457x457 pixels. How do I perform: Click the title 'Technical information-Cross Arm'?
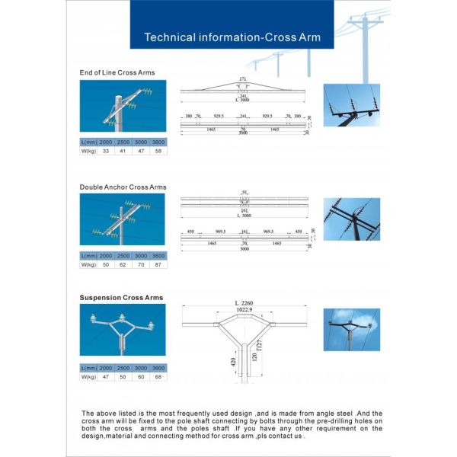(232, 37)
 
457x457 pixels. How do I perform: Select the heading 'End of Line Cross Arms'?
(117, 72)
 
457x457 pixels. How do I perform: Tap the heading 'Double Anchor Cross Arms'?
(123, 187)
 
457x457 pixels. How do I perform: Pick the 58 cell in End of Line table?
(158, 152)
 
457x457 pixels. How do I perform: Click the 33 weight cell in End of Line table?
(106, 152)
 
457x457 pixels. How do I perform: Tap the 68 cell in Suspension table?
(158, 376)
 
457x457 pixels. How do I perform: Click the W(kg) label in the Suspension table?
(88, 376)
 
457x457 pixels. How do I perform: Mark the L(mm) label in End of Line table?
(88, 142)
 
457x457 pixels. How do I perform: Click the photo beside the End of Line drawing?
(351, 104)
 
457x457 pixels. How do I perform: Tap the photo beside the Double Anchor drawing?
(351, 219)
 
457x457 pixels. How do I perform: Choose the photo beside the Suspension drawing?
(351, 329)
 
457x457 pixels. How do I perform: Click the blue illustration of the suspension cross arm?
(122, 330)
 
